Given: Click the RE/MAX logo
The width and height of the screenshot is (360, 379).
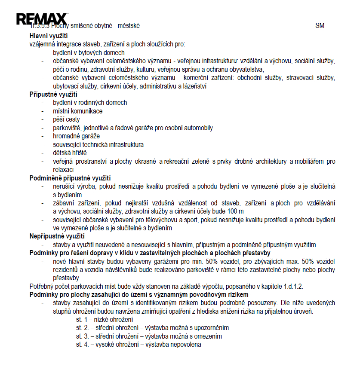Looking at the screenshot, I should [42, 19].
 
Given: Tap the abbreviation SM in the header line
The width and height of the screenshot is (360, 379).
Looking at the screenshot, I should [320, 26].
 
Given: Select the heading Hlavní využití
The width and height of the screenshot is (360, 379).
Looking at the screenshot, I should [49, 36].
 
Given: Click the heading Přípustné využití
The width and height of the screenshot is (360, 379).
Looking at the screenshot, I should [53, 94].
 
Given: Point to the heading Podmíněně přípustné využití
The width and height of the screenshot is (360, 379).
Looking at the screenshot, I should [70, 177].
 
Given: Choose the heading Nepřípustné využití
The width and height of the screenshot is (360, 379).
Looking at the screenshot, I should [57, 236].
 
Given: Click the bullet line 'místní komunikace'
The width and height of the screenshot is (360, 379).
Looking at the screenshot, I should [77, 111].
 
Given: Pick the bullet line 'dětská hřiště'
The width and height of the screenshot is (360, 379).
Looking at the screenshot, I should [70, 153].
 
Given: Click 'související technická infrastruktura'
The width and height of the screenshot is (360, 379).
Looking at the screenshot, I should [98, 144].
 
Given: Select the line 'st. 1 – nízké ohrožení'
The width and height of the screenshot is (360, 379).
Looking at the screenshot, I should [105, 320].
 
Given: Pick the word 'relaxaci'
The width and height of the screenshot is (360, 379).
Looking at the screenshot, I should [63, 169].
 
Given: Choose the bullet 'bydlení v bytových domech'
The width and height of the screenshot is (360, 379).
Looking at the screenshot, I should [89, 52].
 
